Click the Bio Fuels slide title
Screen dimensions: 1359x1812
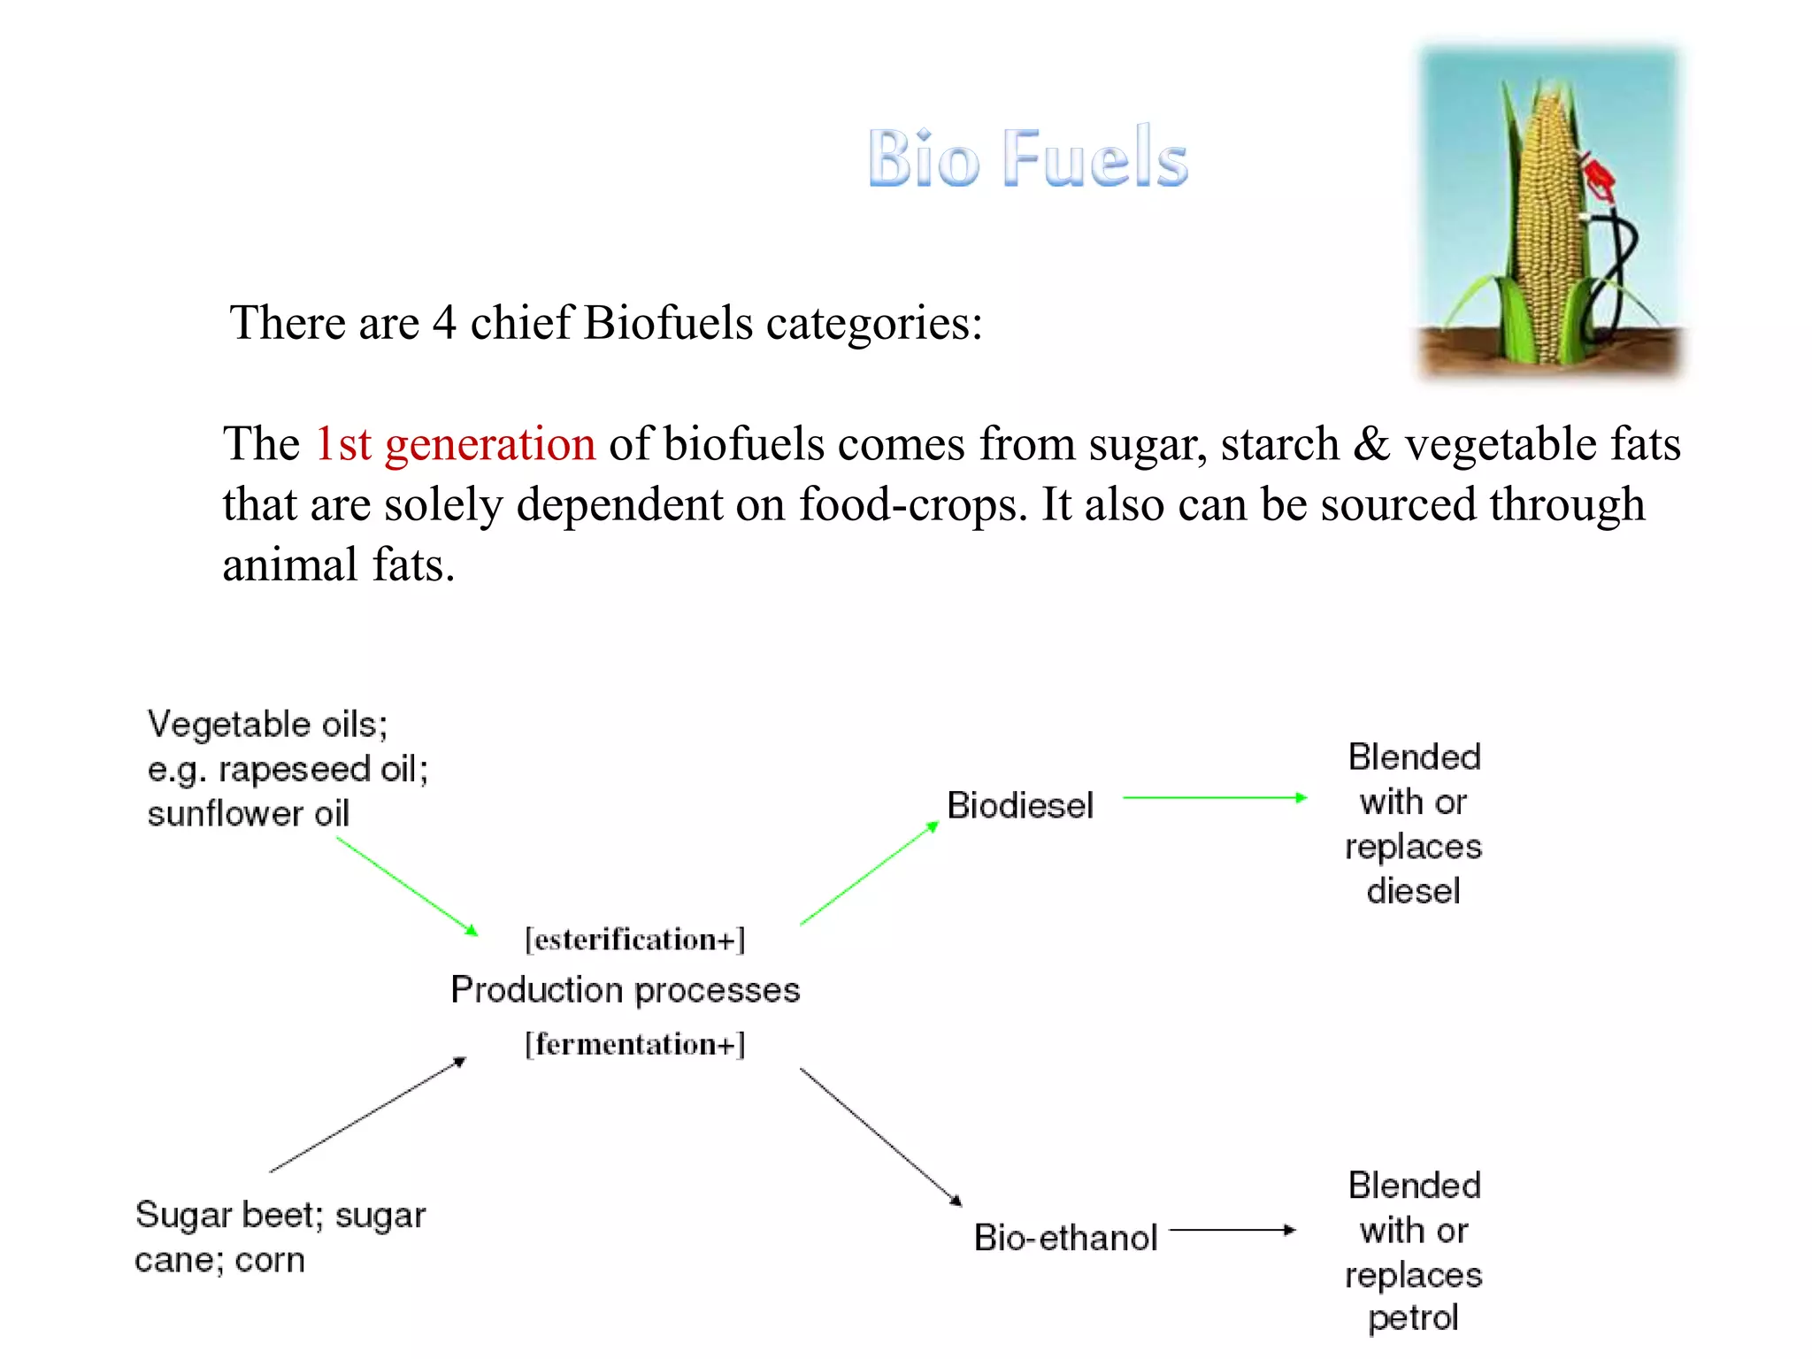click(x=1027, y=158)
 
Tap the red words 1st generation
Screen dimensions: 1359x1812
click(x=455, y=444)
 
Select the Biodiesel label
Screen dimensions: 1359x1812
click(x=1020, y=805)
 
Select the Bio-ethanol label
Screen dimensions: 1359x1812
click(x=1065, y=1237)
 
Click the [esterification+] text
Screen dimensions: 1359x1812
click(x=635, y=939)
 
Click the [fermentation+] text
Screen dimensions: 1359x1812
click(x=635, y=1044)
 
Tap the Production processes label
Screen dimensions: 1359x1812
click(x=625, y=989)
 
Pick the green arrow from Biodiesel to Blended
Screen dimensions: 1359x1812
click(x=1214, y=797)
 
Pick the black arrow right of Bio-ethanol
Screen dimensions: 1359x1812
click(x=1232, y=1229)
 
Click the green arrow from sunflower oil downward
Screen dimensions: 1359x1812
click(x=407, y=886)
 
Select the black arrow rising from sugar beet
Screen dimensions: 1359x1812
click(x=367, y=1115)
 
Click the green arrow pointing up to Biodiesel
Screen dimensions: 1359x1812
click(x=869, y=873)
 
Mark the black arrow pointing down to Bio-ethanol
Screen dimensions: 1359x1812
click(x=880, y=1136)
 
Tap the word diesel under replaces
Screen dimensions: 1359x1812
click(x=1413, y=891)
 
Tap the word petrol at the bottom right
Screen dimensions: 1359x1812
click(x=1413, y=1318)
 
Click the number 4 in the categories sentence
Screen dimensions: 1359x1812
click(x=444, y=323)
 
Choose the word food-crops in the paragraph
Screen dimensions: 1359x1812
click(x=911, y=505)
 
